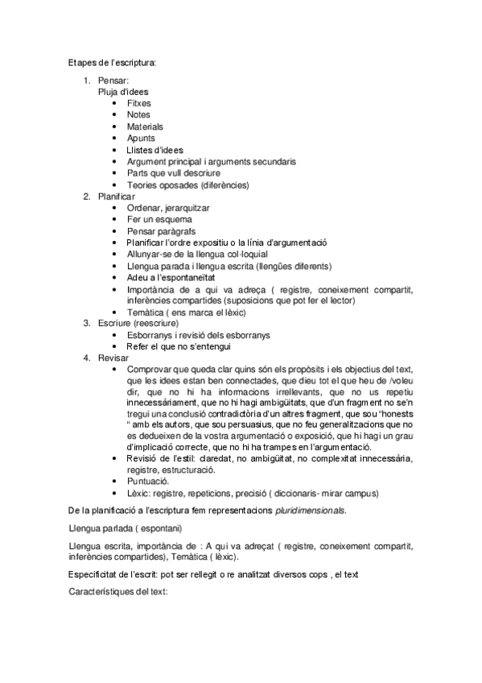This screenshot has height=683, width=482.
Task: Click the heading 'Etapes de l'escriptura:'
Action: click(112, 62)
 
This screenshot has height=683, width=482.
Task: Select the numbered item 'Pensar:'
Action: click(113, 81)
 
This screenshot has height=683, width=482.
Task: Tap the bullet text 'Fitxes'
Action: click(138, 103)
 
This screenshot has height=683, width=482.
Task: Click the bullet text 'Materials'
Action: click(145, 126)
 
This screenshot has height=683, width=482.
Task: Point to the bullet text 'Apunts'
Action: click(141, 139)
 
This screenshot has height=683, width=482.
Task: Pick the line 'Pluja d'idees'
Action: click(124, 92)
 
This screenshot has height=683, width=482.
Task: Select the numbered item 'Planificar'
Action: click(117, 197)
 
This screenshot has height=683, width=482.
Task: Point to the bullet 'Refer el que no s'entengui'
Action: click(179, 346)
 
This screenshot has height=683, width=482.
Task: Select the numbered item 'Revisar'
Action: click(113, 358)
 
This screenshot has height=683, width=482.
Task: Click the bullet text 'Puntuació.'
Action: click(148, 481)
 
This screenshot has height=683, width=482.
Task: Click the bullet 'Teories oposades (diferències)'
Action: click(187, 184)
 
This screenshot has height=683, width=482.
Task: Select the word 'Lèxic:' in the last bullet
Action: click(140, 493)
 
